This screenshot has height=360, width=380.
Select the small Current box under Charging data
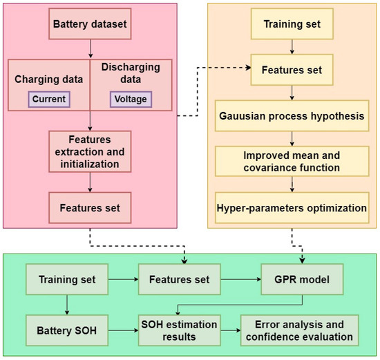coord(48,99)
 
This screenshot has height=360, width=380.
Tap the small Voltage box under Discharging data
coord(131,99)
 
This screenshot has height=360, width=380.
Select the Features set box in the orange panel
coord(292,70)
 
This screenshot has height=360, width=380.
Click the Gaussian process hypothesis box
coord(292,112)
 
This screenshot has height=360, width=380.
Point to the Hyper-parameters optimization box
coord(292,207)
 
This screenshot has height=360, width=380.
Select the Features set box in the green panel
coord(182,281)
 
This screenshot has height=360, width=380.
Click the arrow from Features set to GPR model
coord(242,281)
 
